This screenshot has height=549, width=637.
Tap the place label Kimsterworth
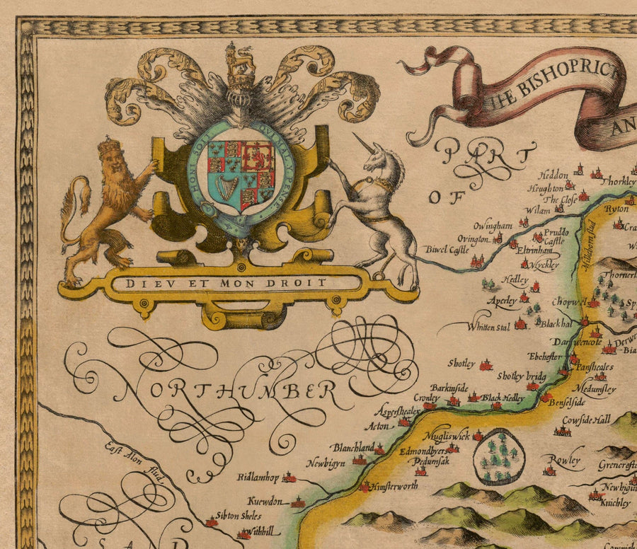[x=393, y=487]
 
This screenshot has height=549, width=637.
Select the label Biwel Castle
[x=447, y=249]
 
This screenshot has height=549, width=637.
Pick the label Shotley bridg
[x=522, y=376]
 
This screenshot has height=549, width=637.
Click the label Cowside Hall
[x=586, y=420]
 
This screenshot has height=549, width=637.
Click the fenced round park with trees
[x=499, y=456]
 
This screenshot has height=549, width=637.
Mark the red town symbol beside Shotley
[x=486, y=366]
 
